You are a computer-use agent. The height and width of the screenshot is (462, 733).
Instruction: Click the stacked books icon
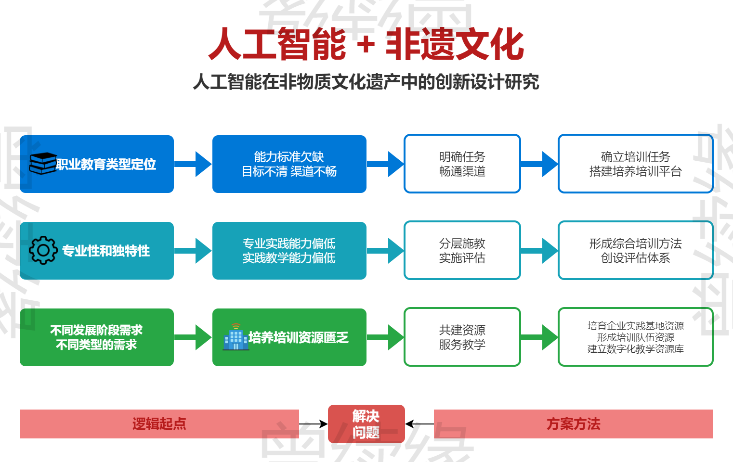42,164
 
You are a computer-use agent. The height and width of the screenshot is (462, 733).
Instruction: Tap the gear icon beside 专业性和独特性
43,250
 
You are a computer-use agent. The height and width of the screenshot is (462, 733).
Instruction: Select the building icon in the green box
236,337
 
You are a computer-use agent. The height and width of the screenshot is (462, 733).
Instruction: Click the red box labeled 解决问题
366,424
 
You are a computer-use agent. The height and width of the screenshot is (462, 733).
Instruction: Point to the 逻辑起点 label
159,424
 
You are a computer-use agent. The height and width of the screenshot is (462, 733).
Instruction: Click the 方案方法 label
573,424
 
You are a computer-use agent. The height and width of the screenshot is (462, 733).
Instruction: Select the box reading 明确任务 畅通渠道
462,164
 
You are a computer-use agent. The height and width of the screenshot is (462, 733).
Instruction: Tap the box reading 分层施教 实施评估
462,251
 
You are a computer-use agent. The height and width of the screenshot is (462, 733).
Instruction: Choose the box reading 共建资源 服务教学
462,337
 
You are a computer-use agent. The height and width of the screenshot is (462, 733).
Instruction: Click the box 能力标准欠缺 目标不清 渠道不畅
289,164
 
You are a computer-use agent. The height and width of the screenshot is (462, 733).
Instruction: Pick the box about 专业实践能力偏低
289,251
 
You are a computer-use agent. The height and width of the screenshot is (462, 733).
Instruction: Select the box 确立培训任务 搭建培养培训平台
635,164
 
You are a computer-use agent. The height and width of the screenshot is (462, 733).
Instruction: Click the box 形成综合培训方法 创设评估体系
635,251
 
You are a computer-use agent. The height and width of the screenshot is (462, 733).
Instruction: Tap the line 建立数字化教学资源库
635,349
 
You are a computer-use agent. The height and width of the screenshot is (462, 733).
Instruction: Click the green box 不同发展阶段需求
96,337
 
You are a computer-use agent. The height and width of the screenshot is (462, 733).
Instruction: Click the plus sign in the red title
366,44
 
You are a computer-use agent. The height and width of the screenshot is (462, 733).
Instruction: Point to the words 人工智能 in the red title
277,44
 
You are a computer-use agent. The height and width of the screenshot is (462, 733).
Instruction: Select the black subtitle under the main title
366,82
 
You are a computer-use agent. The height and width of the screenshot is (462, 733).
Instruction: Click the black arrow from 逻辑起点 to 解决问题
313,424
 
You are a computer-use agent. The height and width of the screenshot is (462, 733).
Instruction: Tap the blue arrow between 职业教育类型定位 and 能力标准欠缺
193,164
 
